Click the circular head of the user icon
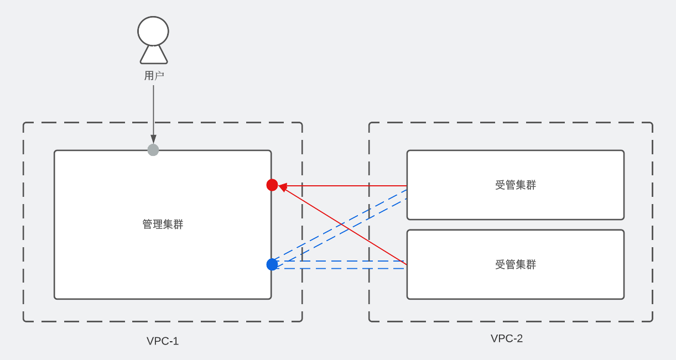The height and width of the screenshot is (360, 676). pos(153,31)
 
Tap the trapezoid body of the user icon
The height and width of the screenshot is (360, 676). pos(153,55)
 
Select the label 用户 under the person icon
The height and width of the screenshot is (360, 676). pos(154,76)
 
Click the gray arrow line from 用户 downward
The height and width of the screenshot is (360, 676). pos(153,111)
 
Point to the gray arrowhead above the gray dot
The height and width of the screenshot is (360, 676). pos(153,139)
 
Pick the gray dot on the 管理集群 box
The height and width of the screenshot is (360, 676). pos(153,150)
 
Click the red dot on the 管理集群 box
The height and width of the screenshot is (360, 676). pos(272,185)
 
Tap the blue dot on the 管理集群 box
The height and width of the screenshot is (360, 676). pos(272,264)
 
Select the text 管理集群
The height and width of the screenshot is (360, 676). pos(163,225)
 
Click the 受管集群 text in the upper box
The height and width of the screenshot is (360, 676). pos(516,185)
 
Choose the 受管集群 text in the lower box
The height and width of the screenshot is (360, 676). pos(516,265)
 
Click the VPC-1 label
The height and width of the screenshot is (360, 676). pos(163,341)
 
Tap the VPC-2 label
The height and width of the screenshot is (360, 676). pos(507,338)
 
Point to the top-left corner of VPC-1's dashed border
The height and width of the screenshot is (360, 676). pos(24,123)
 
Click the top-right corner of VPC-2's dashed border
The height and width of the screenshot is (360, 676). pos(652,123)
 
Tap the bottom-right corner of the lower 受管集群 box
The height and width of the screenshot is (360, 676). pos(623,299)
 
